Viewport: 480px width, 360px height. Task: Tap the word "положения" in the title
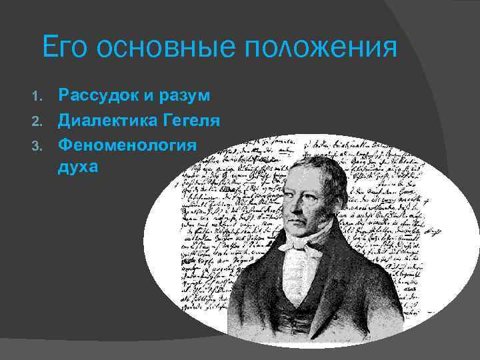[322, 49]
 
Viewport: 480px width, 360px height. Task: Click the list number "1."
[38, 97]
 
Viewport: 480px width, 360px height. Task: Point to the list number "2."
[38, 122]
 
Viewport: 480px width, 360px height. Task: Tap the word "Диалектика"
[107, 121]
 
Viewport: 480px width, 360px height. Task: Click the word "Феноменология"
[127, 145]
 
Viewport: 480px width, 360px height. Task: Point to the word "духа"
[78, 167]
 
